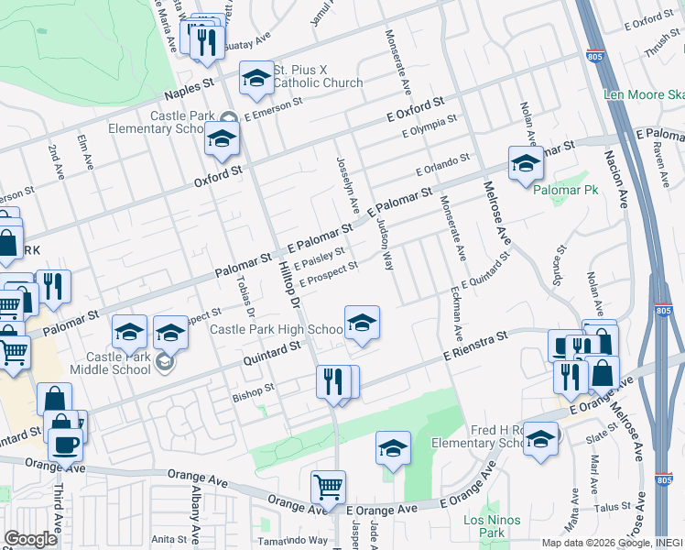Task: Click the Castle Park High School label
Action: click(277, 330)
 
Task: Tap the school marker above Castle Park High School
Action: click(363, 323)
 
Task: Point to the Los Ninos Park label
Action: click(484, 526)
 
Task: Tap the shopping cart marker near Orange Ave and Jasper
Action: click(328, 487)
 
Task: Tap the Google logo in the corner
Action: click(29, 539)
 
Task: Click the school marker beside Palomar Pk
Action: click(526, 163)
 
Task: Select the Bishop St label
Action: click(254, 390)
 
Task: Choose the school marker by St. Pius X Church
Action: click(256, 78)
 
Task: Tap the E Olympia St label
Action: click(429, 127)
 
